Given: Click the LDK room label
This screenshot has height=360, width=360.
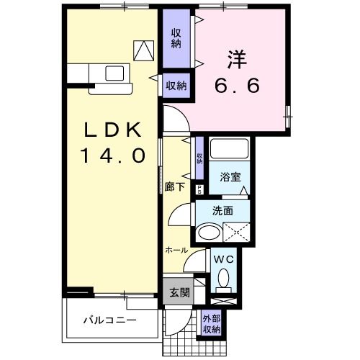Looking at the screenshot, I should click(x=112, y=130).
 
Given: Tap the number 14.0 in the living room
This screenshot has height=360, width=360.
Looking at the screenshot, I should click(x=112, y=154).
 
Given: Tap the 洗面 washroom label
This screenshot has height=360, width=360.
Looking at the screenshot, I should click(x=222, y=211).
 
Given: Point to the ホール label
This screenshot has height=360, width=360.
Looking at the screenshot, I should click(x=176, y=250).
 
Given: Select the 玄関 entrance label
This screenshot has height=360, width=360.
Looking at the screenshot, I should click(x=179, y=293).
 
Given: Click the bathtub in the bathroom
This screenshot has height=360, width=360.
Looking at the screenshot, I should click(x=230, y=150).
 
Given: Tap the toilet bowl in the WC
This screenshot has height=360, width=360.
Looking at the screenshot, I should click(x=223, y=277).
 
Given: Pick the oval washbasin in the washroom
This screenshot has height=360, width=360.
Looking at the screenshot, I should click(x=209, y=233).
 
